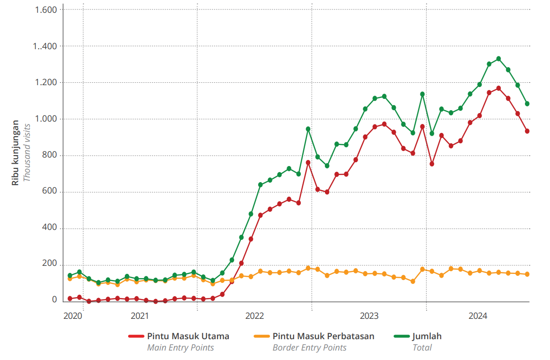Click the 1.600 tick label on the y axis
[46, 10]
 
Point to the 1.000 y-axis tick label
[46, 119]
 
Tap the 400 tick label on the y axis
[50, 228]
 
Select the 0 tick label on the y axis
[54, 300]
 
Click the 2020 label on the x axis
[73, 316]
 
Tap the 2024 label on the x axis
[478, 316]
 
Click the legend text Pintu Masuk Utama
[188, 336]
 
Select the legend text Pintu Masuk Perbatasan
[323, 336]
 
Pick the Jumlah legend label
[427, 336]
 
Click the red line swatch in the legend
[135, 336]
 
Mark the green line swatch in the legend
[401, 336]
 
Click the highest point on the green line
[498, 59]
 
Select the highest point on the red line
[498, 88]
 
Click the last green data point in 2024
[527, 104]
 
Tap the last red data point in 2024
[527, 131]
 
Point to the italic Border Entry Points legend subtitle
[309, 348]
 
